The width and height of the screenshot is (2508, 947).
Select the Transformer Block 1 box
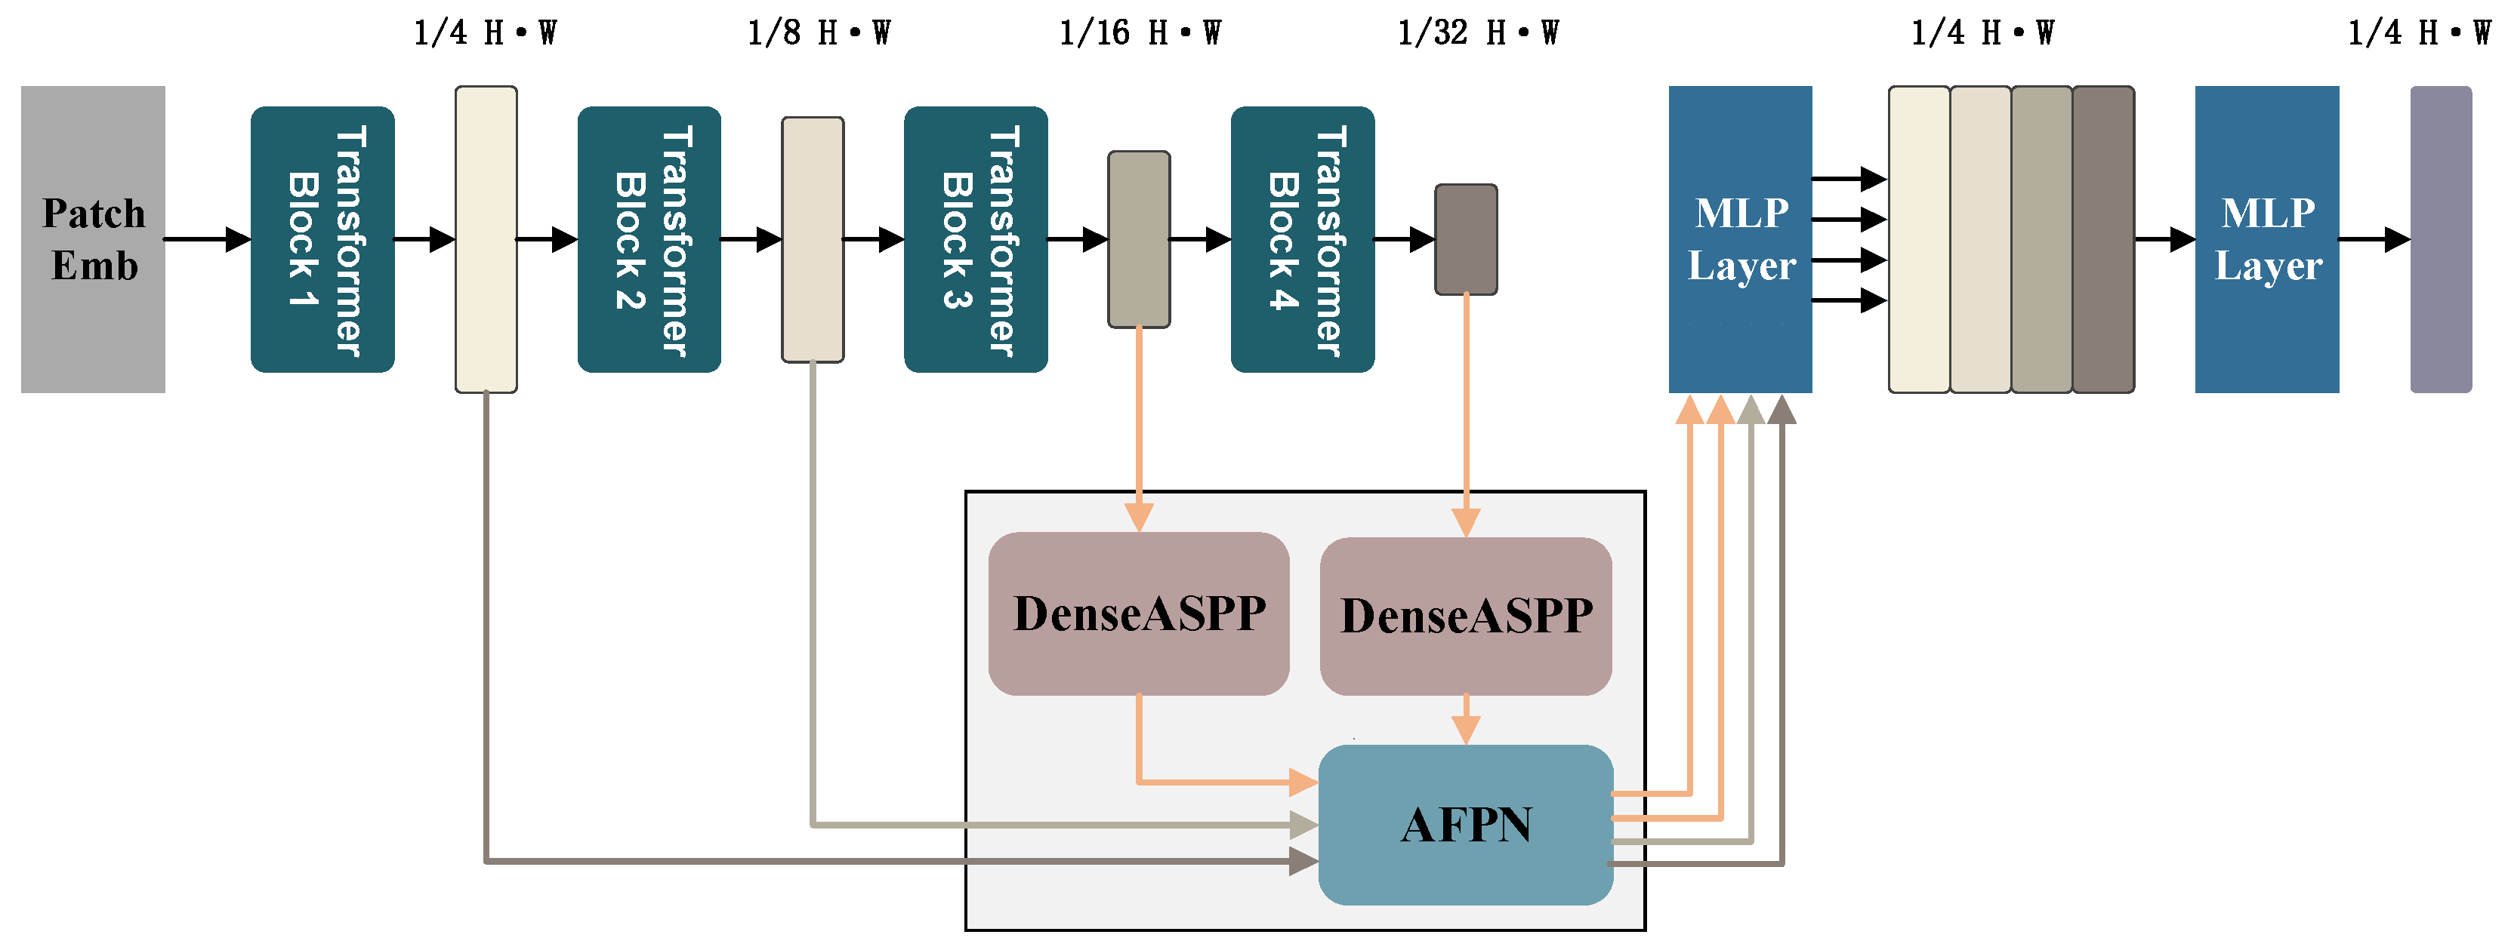322,239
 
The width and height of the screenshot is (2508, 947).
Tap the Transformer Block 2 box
649,239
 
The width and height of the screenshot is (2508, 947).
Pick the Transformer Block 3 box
976,239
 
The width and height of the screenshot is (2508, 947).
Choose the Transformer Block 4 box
1302,239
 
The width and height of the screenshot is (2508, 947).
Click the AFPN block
1465,824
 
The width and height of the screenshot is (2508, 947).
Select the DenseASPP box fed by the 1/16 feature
1138,613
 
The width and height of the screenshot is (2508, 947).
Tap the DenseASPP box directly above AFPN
1465,615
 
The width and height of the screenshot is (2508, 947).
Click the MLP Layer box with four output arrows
1740,239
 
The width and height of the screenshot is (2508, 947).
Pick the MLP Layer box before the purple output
2266,239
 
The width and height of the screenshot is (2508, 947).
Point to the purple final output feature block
2440,239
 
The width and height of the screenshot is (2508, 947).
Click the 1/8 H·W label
818,33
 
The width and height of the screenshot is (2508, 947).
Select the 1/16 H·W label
1139,33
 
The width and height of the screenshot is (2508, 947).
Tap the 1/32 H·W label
1477,33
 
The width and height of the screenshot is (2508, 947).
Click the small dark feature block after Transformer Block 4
1465,239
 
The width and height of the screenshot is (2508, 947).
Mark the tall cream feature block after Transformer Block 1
486,239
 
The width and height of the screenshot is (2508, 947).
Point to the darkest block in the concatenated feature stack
2103,239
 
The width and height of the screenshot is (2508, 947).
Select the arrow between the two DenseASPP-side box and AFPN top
1465,720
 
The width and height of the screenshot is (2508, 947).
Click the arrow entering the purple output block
2374,238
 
